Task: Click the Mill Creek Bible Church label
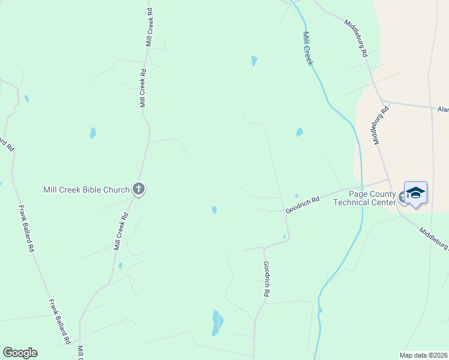coord(86,190)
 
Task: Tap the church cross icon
coord(139,190)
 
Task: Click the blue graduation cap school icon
coord(415,193)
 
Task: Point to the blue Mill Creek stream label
coord(309,49)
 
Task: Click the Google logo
coord(20,353)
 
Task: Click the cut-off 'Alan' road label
coord(443,109)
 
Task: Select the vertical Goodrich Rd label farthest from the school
coord(266,279)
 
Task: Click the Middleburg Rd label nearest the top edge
coord(356,38)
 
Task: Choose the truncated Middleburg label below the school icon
coord(433,238)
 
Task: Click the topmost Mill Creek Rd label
coord(149,28)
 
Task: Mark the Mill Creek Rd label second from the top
coord(143,88)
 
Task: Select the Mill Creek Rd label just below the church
coord(121,231)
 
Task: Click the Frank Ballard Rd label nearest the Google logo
coord(60,321)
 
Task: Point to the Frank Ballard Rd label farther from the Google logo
coord(26,229)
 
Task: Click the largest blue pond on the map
coord(217,323)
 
